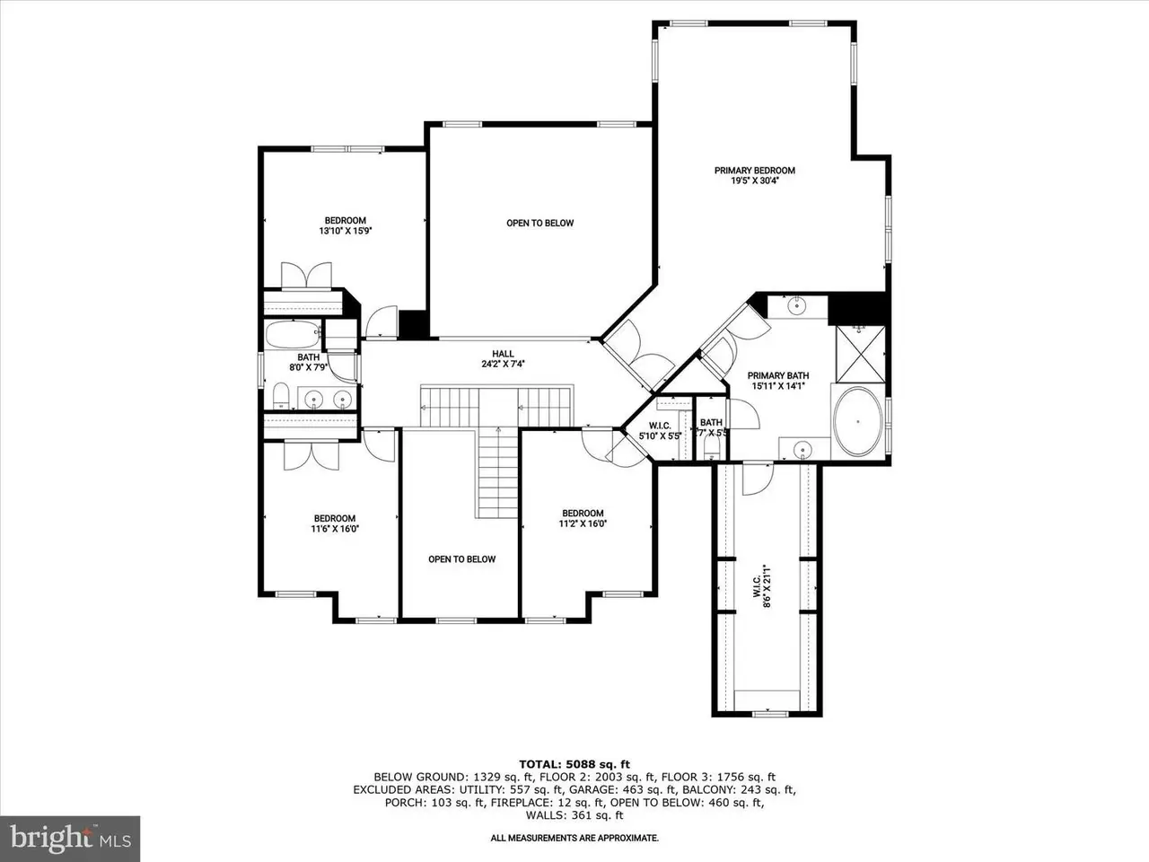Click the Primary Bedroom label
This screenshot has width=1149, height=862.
coord(754,171)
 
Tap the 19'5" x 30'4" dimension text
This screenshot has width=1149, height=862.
coord(754,181)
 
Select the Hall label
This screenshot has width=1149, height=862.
coord(503,354)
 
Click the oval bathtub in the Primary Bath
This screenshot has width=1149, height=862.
coord(857,421)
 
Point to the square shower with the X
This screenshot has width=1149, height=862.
coord(860,355)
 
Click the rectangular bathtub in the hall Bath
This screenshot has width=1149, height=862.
coord(294,334)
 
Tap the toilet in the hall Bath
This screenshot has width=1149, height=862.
coord(281,396)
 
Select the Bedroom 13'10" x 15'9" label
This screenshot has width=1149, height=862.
coord(345,225)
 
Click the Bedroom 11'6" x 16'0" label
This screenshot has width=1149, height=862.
coord(335,523)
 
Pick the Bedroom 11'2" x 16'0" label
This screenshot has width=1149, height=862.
coord(583,518)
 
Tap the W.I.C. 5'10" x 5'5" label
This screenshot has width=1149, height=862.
coord(660,431)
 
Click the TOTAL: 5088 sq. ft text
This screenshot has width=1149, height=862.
coord(574,765)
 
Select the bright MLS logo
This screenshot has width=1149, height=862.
coord(70,839)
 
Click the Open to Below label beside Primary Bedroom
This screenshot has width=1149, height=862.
coord(539,223)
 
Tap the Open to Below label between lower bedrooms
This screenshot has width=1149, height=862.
coord(461,559)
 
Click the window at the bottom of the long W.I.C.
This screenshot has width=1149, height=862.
coord(769,713)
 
